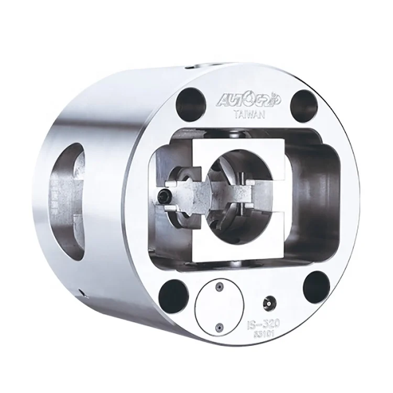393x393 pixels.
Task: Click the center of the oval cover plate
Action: (x=221, y=308)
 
